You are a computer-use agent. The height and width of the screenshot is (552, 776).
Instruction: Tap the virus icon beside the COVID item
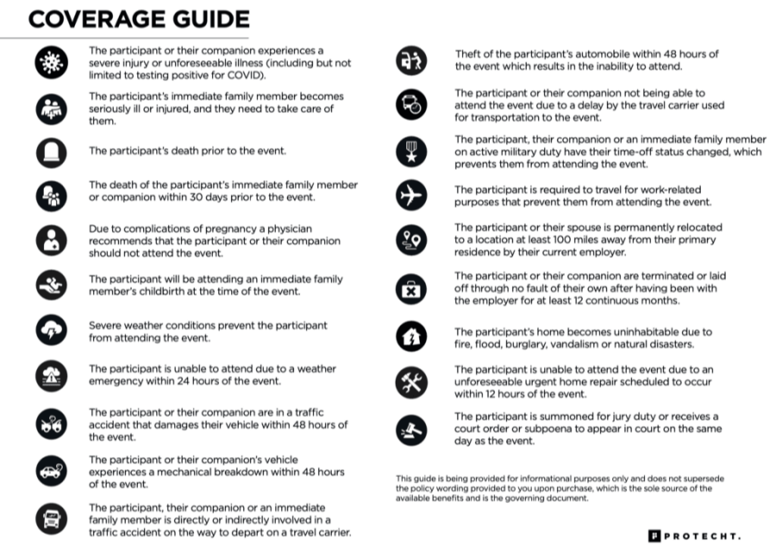pyautogui.click(x=51, y=62)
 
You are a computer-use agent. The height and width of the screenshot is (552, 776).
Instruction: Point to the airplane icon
pyautogui.click(x=410, y=195)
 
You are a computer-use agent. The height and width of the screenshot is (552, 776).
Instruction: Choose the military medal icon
pyautogui.click(x=410, y=152)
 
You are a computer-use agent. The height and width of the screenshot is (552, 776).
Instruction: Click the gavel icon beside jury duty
pyautogui.click(x=410, y=428)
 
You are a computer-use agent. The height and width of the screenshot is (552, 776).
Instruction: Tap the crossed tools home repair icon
pyautogui.click(x=410, y=381)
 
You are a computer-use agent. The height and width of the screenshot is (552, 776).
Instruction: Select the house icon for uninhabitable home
pyautogui.click(x=410, y=337)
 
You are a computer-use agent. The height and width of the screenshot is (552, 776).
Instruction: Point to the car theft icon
pyautogui.click(x=410, y=60)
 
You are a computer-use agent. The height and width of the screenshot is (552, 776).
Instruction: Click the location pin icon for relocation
pyautogui.click(x=410, y=240)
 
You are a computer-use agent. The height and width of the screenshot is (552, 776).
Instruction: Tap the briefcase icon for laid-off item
pyautogui.click(x=410, y=288)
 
